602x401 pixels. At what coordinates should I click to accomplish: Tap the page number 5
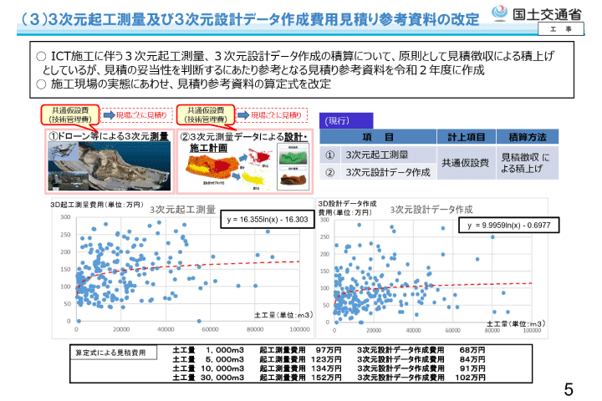569,388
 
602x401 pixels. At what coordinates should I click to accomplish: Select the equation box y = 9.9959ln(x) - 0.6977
509,226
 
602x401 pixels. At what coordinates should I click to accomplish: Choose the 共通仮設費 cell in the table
465,163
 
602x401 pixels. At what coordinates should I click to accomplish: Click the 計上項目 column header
465,137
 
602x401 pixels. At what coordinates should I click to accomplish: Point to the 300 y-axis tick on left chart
64,216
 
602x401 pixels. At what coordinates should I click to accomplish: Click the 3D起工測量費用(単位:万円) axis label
97,204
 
